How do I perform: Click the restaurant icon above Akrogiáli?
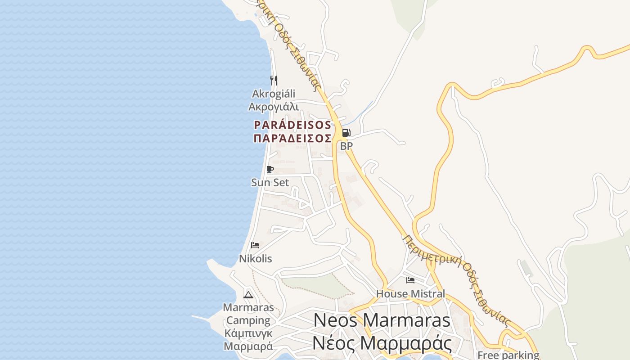274,81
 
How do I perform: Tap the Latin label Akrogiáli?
274,94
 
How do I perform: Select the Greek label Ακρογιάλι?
274,107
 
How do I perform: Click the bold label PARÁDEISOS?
292,125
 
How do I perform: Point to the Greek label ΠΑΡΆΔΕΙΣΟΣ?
292,138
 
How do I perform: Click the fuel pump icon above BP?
346,133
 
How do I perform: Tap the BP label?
346,146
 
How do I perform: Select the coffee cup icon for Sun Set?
270,169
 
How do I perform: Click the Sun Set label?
270,182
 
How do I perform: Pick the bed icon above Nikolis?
255,245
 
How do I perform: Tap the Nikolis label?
255,259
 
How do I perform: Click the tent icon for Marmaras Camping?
248,295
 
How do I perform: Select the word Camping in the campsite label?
248,320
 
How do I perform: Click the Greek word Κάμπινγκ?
248,333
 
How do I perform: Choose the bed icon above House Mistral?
410,280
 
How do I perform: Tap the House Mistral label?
410,294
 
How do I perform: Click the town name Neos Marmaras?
382,320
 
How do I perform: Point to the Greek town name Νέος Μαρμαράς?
382,343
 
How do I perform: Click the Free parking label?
508,355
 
